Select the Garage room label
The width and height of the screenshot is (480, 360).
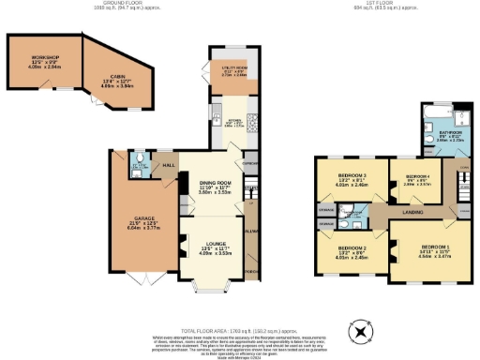137,222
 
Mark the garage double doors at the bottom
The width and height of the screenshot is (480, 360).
139,280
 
